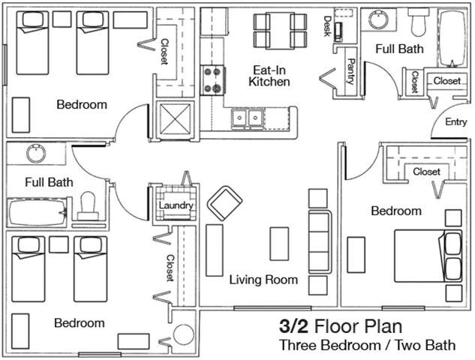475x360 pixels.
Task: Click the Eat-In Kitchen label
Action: pos(269,76)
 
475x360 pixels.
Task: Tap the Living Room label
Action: pos(263,280)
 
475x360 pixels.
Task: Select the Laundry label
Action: pos(176,205)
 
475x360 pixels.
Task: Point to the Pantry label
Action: pos(350,71)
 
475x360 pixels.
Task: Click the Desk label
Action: pos(327,26)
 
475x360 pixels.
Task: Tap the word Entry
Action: pos(456,122)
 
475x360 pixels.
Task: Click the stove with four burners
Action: pos(212,80)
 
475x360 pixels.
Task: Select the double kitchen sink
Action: pos(247,119)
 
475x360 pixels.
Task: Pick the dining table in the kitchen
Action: pos(280,31)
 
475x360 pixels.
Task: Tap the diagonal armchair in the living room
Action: pos(224,203)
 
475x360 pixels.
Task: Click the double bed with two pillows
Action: pos(428,256)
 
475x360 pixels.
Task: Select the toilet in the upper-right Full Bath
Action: pos(419,22)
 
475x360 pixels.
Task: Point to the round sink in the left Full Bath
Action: pos(36,154)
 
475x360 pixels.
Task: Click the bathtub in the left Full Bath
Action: pos(37,212)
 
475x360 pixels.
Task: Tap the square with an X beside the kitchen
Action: pos(175,119)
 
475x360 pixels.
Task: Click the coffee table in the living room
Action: pos(279,244)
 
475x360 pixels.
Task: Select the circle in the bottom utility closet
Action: pos(183,334)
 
